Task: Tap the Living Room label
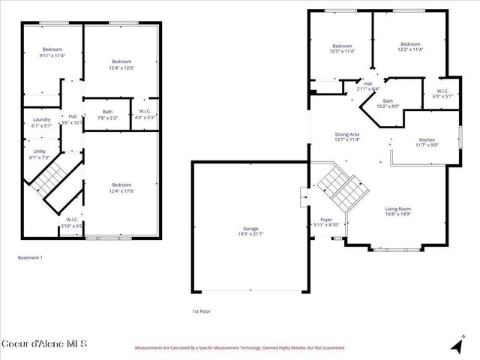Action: pos(398,212)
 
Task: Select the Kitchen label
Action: pos(427,142)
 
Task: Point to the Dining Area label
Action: pos(347,137)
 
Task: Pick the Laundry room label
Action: pos(41,122)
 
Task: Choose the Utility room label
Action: pos(39,154)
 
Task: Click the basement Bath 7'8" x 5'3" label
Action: pos(108,115)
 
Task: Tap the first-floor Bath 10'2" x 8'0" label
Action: pos(388,103)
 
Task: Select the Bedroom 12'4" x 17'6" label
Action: pos(121,187)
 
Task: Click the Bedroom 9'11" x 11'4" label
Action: pos(52,52)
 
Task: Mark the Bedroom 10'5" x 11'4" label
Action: pos(342,48)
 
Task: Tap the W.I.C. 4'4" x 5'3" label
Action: pos(142,115)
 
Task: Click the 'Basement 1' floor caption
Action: pos(31,257)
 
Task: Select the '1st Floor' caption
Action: pos(202,310)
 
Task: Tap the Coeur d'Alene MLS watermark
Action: pos(44,344)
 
